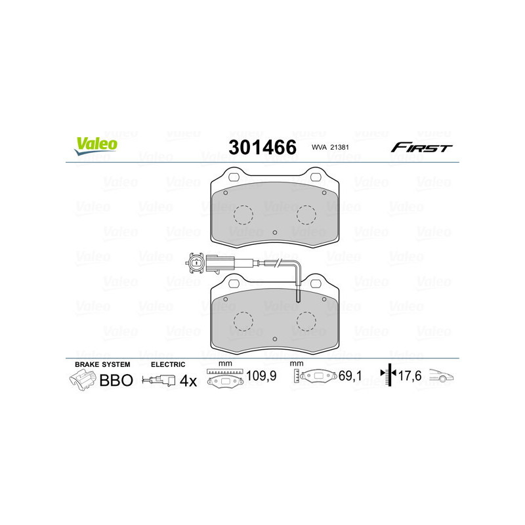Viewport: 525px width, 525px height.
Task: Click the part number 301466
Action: click(262, 146)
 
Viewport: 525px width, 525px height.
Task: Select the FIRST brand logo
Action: click(421, 148)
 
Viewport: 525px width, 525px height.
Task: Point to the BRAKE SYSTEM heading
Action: click(102, 364)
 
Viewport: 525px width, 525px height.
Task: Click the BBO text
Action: click(115, 381)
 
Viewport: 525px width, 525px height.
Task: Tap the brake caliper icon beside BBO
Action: click(82, 380)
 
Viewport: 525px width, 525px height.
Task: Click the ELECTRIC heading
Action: click(168, 364)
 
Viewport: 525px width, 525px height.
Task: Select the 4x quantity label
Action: click(188, 381)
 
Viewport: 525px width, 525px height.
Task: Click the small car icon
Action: click(442, 377)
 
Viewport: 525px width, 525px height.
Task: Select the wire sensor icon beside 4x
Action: click(159, 381)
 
